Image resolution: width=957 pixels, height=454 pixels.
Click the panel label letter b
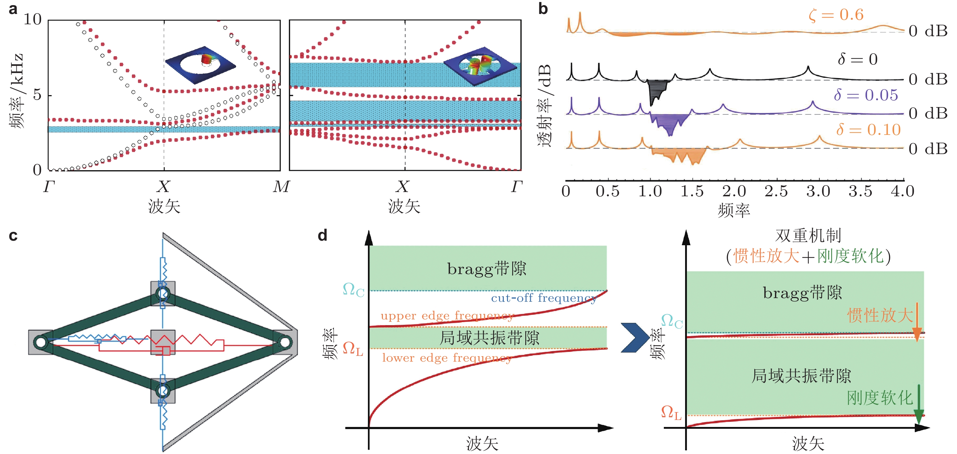pos(543,9)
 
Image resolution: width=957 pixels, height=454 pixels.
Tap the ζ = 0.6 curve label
pos(836,15)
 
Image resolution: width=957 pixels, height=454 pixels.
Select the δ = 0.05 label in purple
pos(866,95)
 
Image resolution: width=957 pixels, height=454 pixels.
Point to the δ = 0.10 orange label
pos(868,130)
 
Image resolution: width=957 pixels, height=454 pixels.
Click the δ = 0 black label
pos(857,59)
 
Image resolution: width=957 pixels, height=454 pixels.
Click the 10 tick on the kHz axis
pos(33,19)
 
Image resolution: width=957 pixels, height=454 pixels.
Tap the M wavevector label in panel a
pos(281,187)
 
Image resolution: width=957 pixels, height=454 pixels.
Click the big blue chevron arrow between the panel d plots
pos(635,337)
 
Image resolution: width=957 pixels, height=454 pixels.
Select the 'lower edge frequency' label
pos(447,358)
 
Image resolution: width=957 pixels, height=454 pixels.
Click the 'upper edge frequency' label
pos(447,316)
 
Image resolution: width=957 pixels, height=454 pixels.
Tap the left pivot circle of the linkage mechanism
pos(40,342)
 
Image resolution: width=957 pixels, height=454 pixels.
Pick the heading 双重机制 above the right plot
pos(808,236)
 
